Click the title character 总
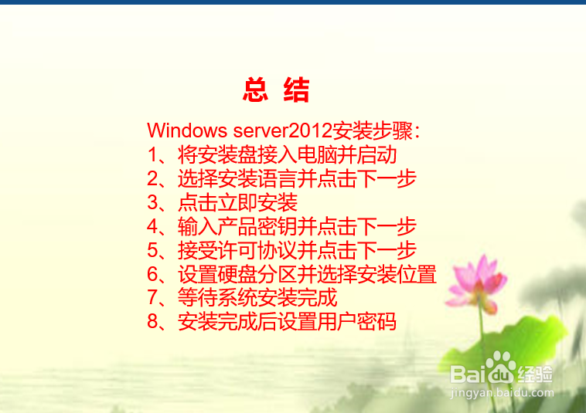coord(255,90)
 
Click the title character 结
coord(296,90)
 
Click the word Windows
coord(187,130)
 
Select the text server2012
coord(282,130)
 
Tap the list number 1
coord(152,155)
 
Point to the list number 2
coord(152,178)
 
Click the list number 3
coord(152,202)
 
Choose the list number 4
coord(152,226)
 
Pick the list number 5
coord(152,250)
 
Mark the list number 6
coord(152,274)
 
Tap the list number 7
coord(152,298)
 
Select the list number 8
coord(152,322)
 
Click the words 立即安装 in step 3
coord(258,202)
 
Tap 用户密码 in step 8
coord(356,322)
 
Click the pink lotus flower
coord(475,283)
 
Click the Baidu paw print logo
coord(501,367)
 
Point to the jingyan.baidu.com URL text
coord(503,393)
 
